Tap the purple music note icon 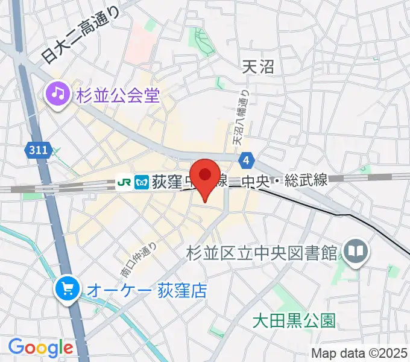coord(58,94)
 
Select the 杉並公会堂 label coord(118,95)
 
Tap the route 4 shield coord(246,160)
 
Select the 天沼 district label coord(257,66)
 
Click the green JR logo coord(125,181)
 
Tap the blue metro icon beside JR coord(142,181)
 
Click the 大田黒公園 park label coord(293,319)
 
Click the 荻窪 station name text coord(166,180)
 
